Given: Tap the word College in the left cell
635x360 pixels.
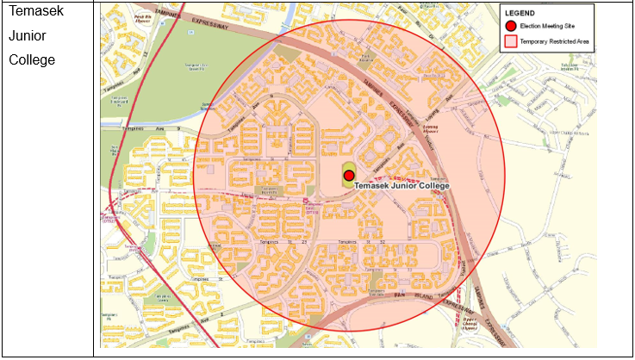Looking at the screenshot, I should coord(32,59).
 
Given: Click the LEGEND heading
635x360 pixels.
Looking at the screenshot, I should coord(520,14).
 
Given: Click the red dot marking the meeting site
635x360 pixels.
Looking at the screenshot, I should coord(349,175).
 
